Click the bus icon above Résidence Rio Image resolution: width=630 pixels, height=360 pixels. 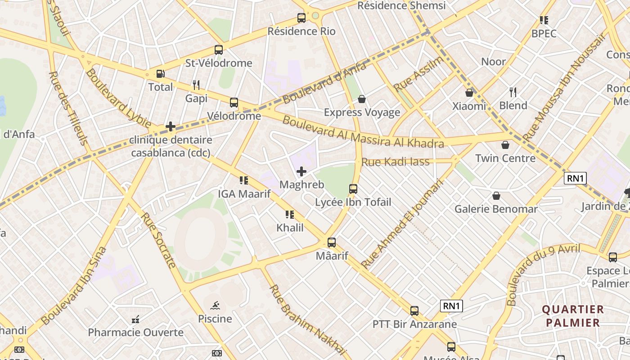301,18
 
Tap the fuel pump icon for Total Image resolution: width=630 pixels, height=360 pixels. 160,74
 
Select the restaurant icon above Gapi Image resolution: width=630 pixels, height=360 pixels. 196,85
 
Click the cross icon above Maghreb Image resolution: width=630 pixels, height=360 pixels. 301,171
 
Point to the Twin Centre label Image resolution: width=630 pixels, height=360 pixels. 505,158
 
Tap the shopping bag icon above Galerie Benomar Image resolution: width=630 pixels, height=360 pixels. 496,196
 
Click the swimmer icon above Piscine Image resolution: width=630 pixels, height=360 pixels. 215,306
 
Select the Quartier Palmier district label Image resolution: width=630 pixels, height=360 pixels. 572,316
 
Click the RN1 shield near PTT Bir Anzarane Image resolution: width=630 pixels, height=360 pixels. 451,306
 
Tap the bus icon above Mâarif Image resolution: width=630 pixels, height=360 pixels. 332,243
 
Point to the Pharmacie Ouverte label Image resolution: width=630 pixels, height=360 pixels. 135,333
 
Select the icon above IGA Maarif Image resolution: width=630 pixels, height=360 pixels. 244,180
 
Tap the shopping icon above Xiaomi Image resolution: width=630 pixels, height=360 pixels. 469,93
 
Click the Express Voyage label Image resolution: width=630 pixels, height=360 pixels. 362,112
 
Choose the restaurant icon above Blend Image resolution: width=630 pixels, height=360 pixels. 513,92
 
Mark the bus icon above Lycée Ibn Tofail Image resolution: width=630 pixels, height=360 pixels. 353,189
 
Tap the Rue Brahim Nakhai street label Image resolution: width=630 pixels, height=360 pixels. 308,320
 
